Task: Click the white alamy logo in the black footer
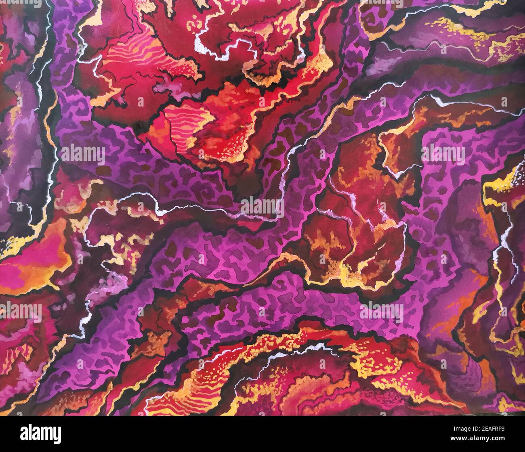click(x=40, y=434)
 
